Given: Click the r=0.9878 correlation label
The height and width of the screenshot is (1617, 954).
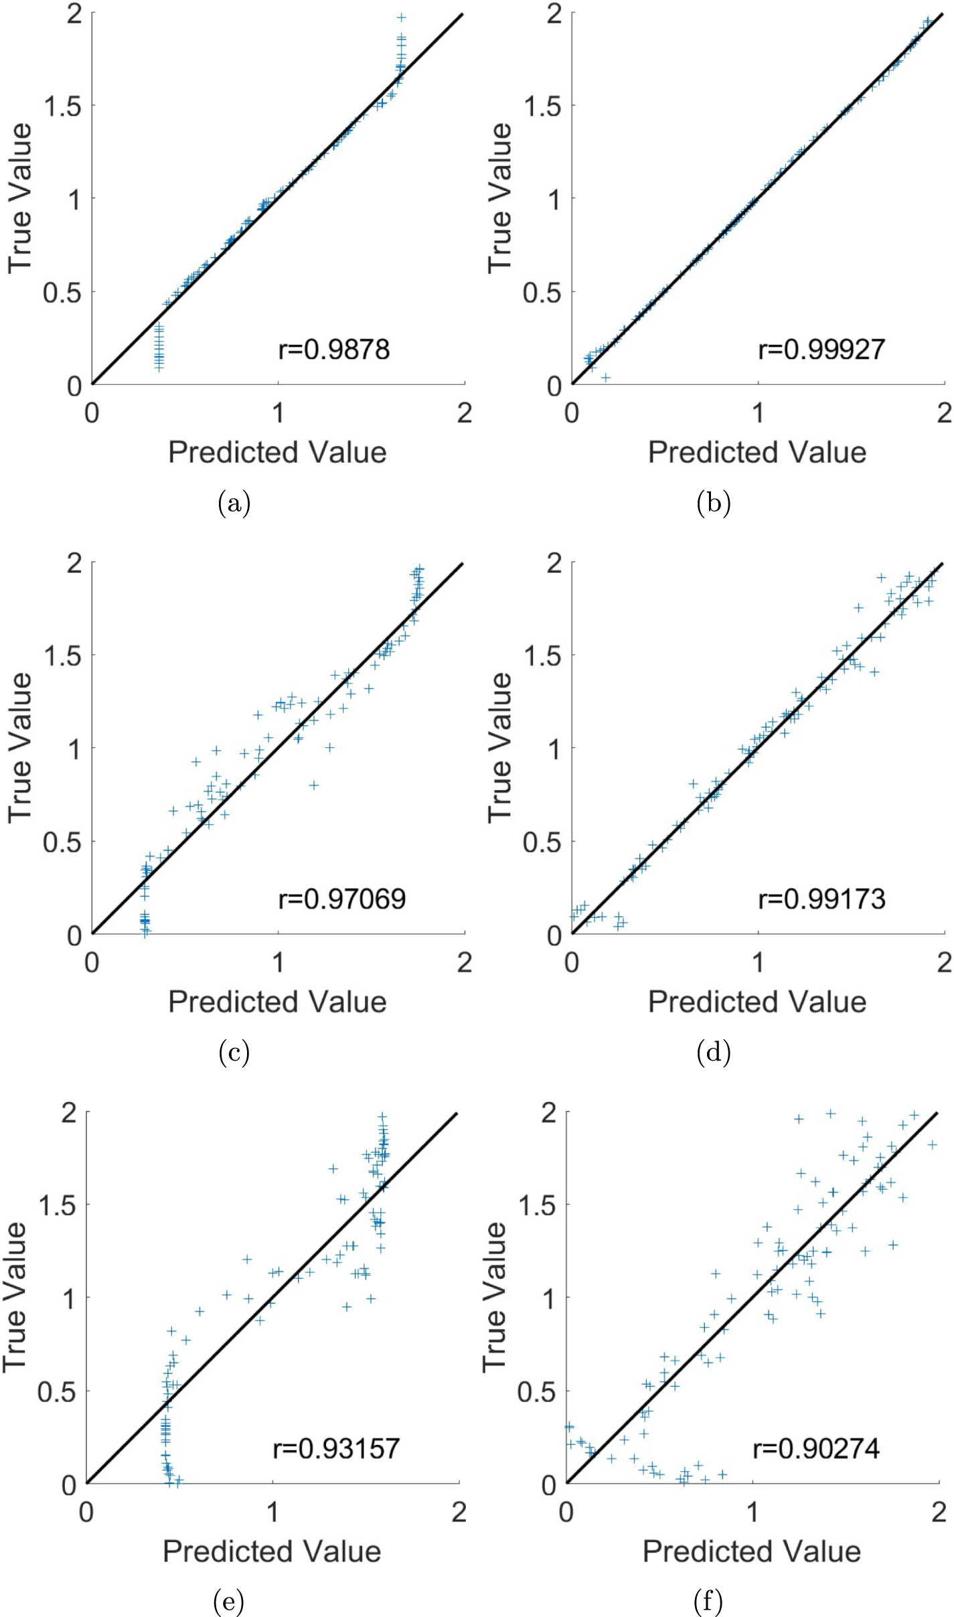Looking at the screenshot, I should [333, 350].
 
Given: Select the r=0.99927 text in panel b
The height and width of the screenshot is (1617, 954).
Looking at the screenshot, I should [821, 350].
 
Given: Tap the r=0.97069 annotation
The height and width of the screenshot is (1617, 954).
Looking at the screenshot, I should [341, 899].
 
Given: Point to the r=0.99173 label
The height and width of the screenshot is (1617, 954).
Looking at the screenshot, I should [821, 899].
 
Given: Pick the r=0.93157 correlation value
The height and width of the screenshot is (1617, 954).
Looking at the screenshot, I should [336, 1449].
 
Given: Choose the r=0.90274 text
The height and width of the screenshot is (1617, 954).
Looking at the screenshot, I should [815, 1449].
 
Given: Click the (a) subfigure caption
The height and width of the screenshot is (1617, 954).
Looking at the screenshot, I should [234, 503].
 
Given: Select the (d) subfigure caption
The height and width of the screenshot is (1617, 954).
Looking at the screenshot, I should [713, 1053].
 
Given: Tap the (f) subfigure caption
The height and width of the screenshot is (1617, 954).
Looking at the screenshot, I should [708, 1602].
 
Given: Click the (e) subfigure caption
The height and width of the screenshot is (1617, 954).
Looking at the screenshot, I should [228, 1602].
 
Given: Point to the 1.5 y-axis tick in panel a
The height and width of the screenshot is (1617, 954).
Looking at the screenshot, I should [63, 106].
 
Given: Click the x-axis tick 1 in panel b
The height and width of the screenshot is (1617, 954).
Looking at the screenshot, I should [757, 413].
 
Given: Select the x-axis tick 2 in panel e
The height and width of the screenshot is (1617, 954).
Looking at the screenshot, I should [459, 1512].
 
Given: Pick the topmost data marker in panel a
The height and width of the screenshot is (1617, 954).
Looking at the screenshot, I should [401, 17].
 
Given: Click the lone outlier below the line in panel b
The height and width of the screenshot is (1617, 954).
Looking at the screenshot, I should [605, 378].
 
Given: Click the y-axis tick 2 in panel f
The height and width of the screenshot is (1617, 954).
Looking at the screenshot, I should [549, 1113].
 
